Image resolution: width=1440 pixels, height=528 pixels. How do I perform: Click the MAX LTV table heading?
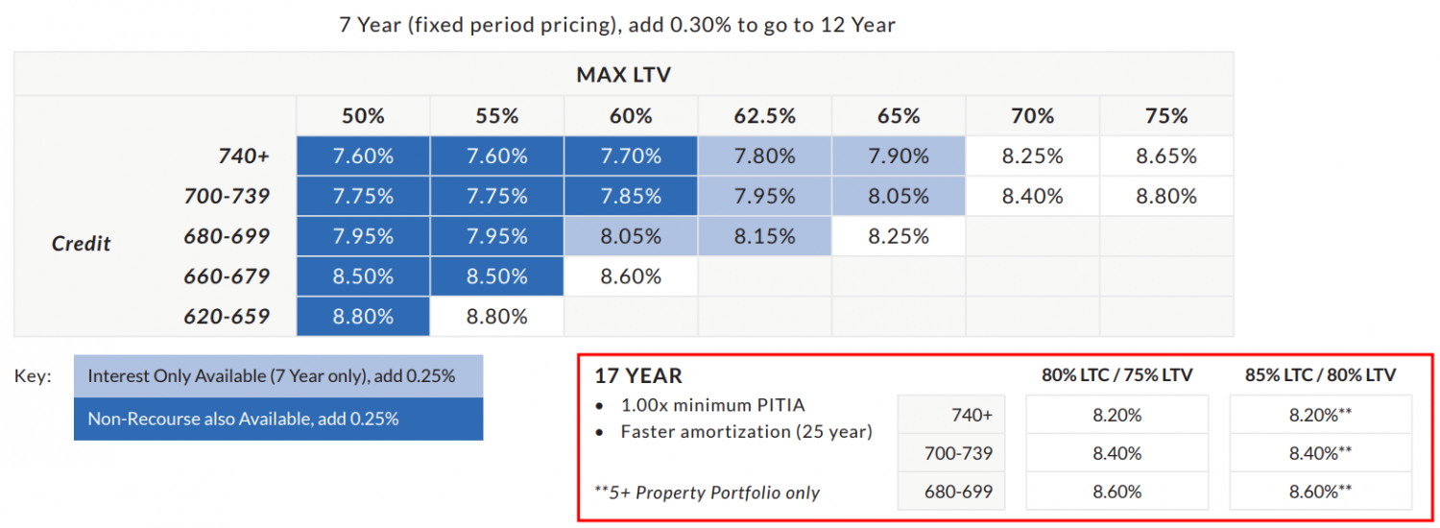click(x=623, y=74)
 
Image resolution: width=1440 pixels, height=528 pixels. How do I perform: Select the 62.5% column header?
click(x=764, y=116)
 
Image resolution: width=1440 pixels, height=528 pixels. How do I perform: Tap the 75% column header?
click(x=1165, y=116)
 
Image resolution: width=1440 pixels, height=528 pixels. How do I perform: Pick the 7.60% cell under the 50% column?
click(x=363, y=156)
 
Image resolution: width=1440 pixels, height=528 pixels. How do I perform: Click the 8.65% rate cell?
click(x=1165, y=156)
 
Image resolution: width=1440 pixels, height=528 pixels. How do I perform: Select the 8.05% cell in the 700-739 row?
click(x=898, y=197)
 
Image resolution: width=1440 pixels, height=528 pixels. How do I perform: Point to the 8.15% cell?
click(x=764, y=236)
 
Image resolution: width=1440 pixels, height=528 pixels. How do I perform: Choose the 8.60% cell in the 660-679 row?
click(x=631, y=276)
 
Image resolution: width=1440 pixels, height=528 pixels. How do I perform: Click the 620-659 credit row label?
click(x=227, y=317)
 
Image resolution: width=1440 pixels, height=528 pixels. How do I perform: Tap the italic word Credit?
click(x=82, y=243)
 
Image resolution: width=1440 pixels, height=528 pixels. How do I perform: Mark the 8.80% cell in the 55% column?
click(x=496, y=317)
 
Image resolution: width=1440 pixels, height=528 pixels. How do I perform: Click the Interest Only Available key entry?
click(x=278, y=376)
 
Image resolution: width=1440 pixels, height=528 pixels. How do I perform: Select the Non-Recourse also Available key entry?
click(x=278, y=419)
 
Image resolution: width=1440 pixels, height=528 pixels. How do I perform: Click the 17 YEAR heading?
click(x=638, y=376)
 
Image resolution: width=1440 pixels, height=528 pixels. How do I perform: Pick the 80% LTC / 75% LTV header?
click(x=1116, y=375)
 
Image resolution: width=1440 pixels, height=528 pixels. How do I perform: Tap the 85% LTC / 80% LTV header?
click(x=1320, y=375)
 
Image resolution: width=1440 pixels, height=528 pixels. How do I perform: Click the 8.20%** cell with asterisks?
click(x=1320, y=415)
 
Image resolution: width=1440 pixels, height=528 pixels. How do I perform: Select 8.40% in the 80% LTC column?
click(x=1116, y=453)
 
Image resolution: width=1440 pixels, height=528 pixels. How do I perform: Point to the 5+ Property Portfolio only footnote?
click(x=708, y=492)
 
